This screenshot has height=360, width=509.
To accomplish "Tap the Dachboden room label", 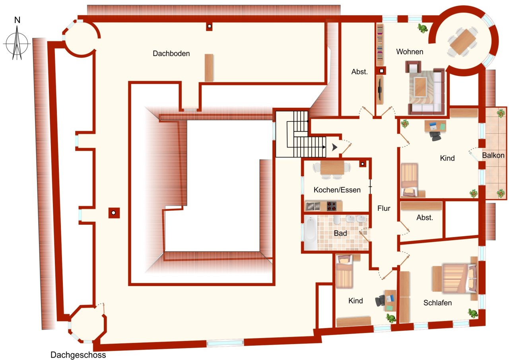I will (171, 53).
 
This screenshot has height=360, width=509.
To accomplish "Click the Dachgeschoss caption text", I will (78, 355).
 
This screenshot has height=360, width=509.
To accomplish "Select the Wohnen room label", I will (410, 52).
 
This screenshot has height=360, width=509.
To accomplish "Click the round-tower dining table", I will (462, 41).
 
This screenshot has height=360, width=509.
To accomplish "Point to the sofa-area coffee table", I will (421, 86).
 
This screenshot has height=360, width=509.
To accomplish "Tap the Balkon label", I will (493, 155).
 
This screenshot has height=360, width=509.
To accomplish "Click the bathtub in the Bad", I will (310, 234).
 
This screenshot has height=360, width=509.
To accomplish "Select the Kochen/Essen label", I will (337, 190).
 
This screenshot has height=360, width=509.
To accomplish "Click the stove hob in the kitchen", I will (332, 206).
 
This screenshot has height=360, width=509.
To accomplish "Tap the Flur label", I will (384, 208).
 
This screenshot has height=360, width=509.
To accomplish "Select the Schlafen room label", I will (437, 303).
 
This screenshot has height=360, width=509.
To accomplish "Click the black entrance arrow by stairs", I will (334, 147).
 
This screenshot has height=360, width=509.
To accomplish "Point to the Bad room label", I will (340, 234).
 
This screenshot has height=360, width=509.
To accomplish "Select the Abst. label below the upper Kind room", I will (424, 218).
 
